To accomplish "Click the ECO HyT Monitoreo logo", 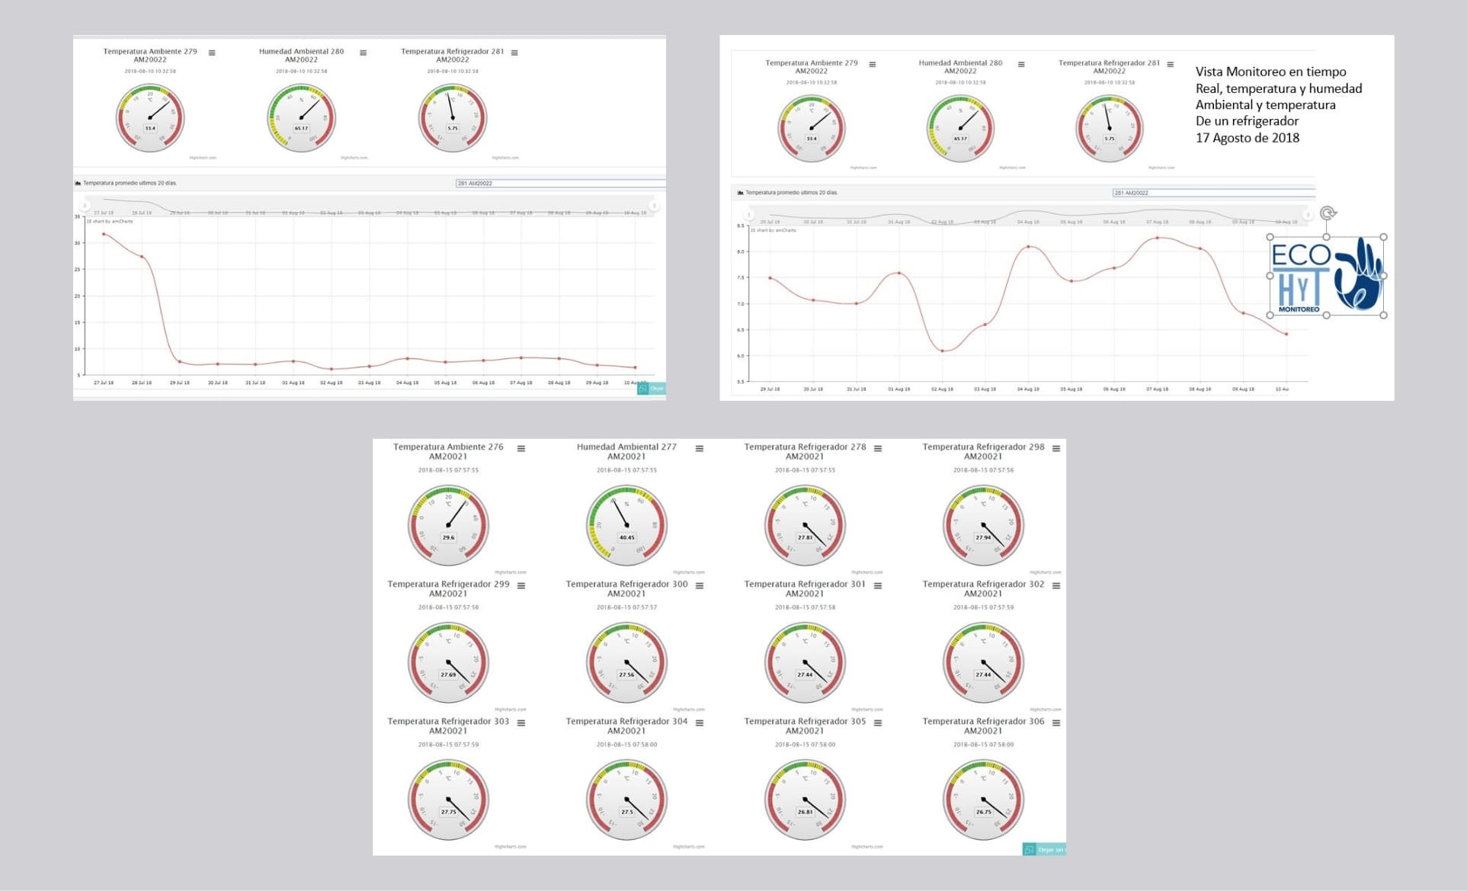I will tap(1326, 275).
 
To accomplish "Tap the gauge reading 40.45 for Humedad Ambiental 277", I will tap(626, 537).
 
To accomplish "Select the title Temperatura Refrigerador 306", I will tap(983, 721).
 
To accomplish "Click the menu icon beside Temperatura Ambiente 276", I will tap(521, 448).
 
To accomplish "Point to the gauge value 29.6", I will tap(448, 537).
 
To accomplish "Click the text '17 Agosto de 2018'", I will tap(1247, 138).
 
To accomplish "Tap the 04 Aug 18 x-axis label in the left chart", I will tap(407, 383).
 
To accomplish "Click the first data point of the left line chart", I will tap(104, 234).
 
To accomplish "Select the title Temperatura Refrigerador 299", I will tap(448, 584).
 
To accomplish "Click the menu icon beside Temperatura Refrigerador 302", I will tap(1056, 585).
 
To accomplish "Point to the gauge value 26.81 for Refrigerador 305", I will tap(805, 812).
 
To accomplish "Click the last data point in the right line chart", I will tap(1286, 334).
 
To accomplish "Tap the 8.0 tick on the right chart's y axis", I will tap(741, 252).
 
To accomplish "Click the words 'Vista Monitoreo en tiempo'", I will tap(1270, 72).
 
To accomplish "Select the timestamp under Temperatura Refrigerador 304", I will tap(626, 745).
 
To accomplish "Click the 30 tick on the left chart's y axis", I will tap(77, 243).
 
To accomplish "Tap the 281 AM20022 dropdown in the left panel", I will tap(559, 183).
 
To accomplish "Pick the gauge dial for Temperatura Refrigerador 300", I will tap(626, 662).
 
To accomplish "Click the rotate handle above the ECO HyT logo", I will tap(1328, 213).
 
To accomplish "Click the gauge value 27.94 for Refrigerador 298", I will tap(983, 537).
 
